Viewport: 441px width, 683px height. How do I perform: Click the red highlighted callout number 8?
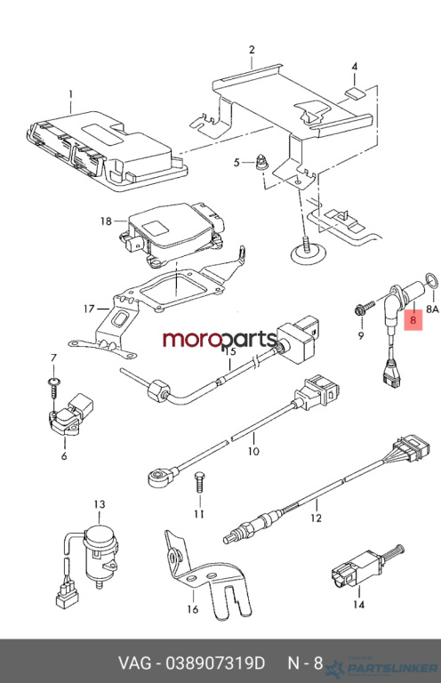[x=413, y=320]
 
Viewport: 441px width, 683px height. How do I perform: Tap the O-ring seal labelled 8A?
[x=431, y=279]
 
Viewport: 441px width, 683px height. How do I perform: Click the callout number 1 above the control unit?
[x=70, y=94]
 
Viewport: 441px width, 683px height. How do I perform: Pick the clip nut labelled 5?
[x=261, y=163]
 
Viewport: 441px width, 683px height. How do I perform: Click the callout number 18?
[x=106, y=221]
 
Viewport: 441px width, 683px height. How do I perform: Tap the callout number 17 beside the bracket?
[x=89, y=309]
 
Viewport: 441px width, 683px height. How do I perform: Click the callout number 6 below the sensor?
[x=64, y=456]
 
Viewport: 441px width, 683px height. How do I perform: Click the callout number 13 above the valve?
[x=100, y=504]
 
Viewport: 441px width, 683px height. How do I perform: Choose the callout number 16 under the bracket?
[x=192, y=609]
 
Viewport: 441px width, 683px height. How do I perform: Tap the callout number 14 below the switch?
[x=358, y=605]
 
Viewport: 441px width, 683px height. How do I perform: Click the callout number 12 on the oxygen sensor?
[x=316, y=518]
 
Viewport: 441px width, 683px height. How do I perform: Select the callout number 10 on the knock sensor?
[x=253, y=451]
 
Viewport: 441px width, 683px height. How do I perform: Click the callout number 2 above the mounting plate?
[x=252, y=50]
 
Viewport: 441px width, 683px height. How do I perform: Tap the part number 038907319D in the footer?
[x=214, y=663]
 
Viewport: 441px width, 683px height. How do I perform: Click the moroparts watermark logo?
[x=220, y=340]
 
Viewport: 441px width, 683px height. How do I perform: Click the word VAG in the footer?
[x=135, y=663]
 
